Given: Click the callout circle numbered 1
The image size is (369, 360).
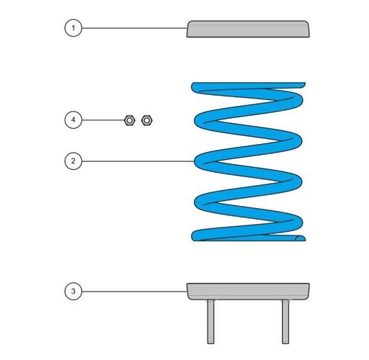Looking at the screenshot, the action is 74,28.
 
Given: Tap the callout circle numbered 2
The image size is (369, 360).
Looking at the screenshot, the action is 74,161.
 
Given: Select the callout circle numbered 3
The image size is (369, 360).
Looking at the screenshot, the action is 74,291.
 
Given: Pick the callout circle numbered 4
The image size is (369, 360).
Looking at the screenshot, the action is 74,120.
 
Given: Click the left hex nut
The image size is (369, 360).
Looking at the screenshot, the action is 130,120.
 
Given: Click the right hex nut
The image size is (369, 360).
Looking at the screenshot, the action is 146,120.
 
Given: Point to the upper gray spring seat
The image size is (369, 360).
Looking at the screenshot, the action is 248,29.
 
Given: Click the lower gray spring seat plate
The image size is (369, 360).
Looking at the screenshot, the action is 248,292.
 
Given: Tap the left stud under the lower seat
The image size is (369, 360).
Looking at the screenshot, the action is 210,322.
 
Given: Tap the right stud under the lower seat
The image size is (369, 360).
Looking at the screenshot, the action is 285,322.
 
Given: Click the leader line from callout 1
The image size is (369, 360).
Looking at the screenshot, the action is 135,28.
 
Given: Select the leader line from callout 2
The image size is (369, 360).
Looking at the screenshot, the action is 138,161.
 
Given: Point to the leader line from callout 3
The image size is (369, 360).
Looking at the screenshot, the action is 135,292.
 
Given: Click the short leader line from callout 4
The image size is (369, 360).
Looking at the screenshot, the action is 103,120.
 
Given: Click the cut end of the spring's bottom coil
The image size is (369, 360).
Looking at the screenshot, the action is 301,238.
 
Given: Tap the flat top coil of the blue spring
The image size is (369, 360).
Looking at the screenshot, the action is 249,86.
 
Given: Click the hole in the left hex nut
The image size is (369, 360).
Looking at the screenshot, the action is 130,120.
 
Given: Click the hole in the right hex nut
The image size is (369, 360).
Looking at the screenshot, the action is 146,120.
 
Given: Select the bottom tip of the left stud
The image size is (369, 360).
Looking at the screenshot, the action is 210,343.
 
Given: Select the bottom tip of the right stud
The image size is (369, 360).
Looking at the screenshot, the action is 285,343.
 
